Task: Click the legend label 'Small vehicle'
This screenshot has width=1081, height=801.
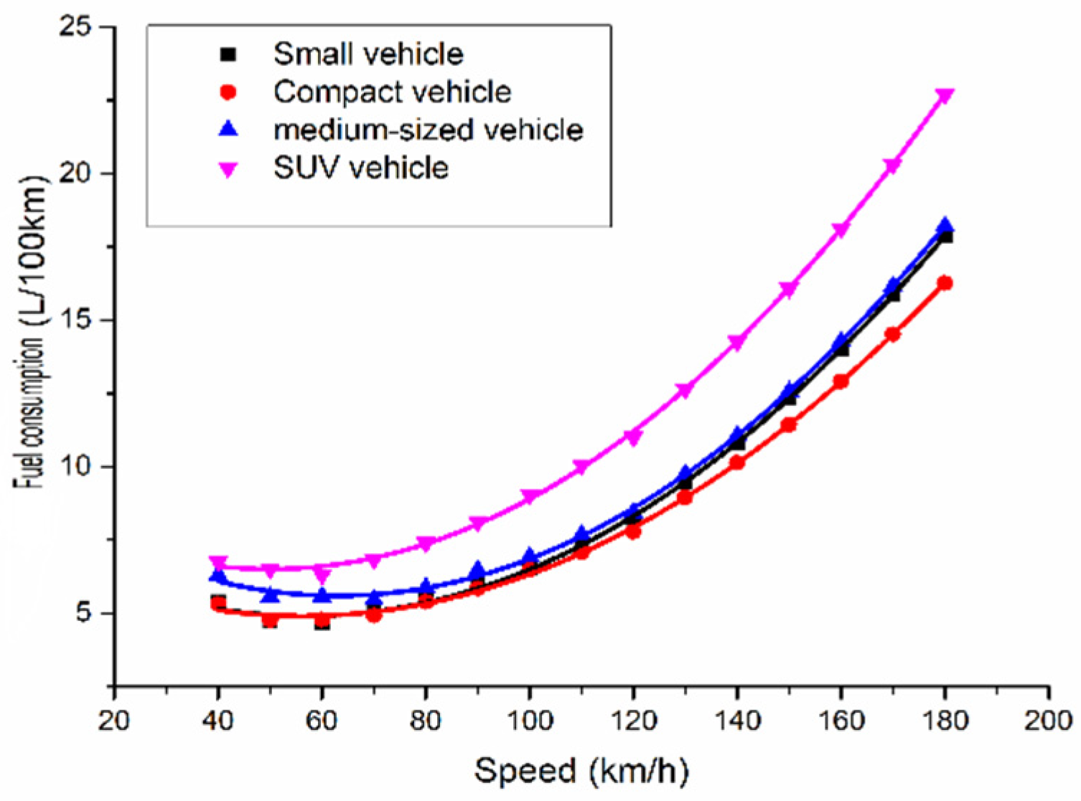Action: click(368, 54)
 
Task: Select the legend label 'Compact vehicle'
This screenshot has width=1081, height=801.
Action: click(392, 92)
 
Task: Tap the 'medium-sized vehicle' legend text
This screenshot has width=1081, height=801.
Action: click(429, 130)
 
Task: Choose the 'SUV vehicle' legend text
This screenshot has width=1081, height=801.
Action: click(361, 168)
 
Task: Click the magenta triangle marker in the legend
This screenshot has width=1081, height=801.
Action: click(228, 169)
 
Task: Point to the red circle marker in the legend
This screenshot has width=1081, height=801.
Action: click(228, 93)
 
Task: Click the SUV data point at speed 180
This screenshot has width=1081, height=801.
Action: click(945, 96)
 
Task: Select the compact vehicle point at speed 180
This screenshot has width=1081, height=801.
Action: click(945, 283)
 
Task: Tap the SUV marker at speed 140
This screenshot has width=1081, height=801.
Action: click(737, 343)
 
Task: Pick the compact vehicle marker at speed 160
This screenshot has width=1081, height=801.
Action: click(841, 381)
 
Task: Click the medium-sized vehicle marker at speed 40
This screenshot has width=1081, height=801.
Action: click(218, 575)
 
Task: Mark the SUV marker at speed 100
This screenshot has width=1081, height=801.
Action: click(530, 496)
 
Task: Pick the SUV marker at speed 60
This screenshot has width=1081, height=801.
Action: click(322, 575)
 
